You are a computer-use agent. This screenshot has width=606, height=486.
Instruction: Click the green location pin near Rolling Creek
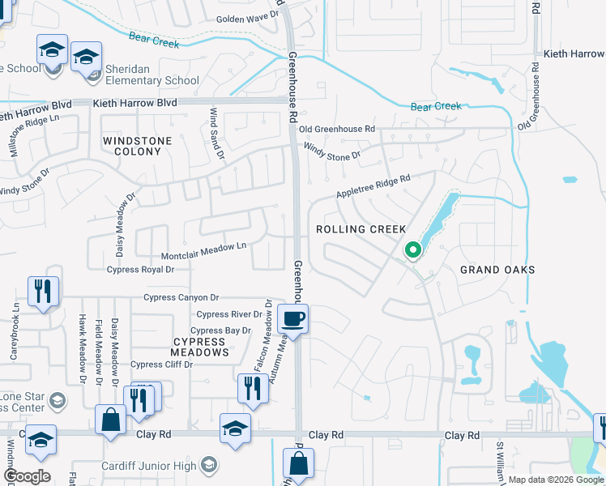(x=412, y=250)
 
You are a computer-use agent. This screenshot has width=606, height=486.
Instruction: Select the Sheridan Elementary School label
(x=148, y=81)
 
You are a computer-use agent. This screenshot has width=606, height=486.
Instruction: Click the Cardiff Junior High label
(x=162, y=464)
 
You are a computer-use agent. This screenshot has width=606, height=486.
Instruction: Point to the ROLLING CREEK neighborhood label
(x=361, y=229)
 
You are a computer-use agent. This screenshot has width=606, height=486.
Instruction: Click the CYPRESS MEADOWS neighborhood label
(x=199, y=347)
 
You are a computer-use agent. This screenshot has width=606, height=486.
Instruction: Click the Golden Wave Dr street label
(x=247, y=15)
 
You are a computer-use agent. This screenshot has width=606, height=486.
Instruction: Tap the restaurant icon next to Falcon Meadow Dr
(x=251, y=389)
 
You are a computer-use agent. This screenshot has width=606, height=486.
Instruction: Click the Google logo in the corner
(x=27, y=476)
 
